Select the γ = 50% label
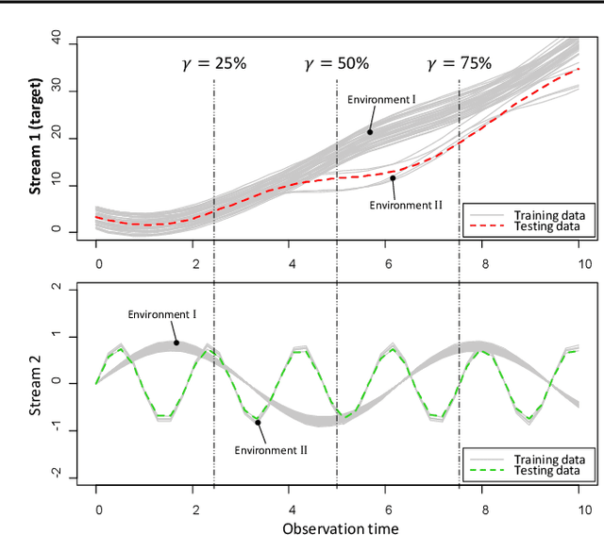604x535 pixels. click(x=336, y=64)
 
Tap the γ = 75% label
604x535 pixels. click(x=459, y=64)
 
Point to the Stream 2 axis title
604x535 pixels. click(x=36, y=381)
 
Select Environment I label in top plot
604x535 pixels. click(x=380, y=99)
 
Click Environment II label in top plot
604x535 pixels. click(x=399, y=204)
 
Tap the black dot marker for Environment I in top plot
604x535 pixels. click(x=370, y=132)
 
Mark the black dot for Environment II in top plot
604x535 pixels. click(x=393, y=177)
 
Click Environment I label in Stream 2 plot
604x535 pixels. click(x=161, y=314)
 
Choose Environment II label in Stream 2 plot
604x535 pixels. click(x=272, y=450)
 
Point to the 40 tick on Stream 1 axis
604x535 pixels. click(x=56, y=41)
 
